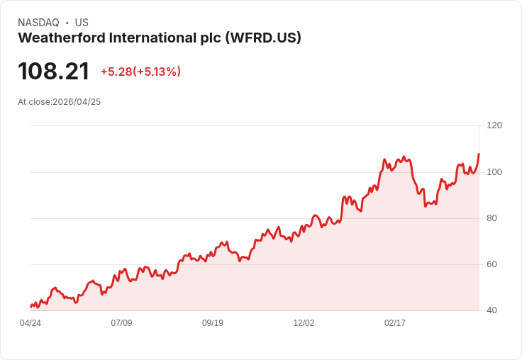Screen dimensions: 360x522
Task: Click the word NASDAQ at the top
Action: point(38,23)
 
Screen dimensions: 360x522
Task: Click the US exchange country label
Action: point(82,23)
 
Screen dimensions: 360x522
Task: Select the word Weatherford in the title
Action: point(60,38)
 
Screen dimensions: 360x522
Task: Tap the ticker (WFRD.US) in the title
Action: point(263,38)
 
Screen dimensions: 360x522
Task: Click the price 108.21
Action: point(54,72)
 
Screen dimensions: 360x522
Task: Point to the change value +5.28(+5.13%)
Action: point(140,72)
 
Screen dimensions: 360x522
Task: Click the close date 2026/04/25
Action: point(77,102)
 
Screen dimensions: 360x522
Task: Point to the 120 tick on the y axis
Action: point(494,125)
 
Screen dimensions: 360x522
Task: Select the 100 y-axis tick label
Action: point(494,172)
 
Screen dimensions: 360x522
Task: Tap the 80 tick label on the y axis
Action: point(492,218)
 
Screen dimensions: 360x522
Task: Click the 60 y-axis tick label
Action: point(492,264)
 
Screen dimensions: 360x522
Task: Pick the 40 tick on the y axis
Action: point(492,310)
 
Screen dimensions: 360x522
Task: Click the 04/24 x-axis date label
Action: point(30,323)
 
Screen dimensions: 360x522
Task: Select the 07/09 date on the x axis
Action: point(121,323)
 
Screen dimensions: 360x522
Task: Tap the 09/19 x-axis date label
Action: point(213,323)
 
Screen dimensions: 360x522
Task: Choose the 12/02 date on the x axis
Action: point(304,323)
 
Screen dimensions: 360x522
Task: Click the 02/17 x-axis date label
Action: point(395,323)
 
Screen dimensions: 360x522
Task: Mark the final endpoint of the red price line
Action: point(479,154)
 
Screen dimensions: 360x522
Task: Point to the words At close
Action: point(34,102)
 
